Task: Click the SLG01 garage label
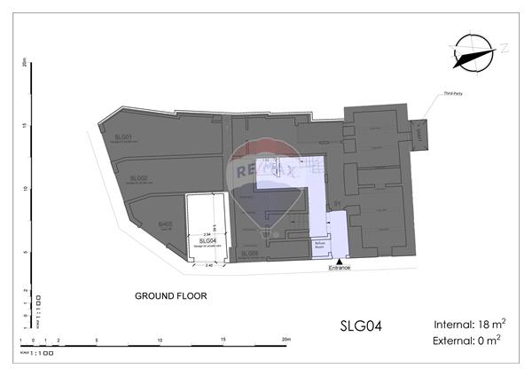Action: click(124, 137)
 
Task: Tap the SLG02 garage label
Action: click(138, 178)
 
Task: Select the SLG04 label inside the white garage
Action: click(207, 240)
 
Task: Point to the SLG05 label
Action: click(249, 254)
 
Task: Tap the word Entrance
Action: click(340, 268)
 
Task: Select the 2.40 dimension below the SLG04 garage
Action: click(209, 265)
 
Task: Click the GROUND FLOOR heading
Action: click(170, 296)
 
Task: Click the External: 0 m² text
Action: click(470, 341)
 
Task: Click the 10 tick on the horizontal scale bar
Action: click(160, 340)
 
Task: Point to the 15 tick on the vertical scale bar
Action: click(27, 125)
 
